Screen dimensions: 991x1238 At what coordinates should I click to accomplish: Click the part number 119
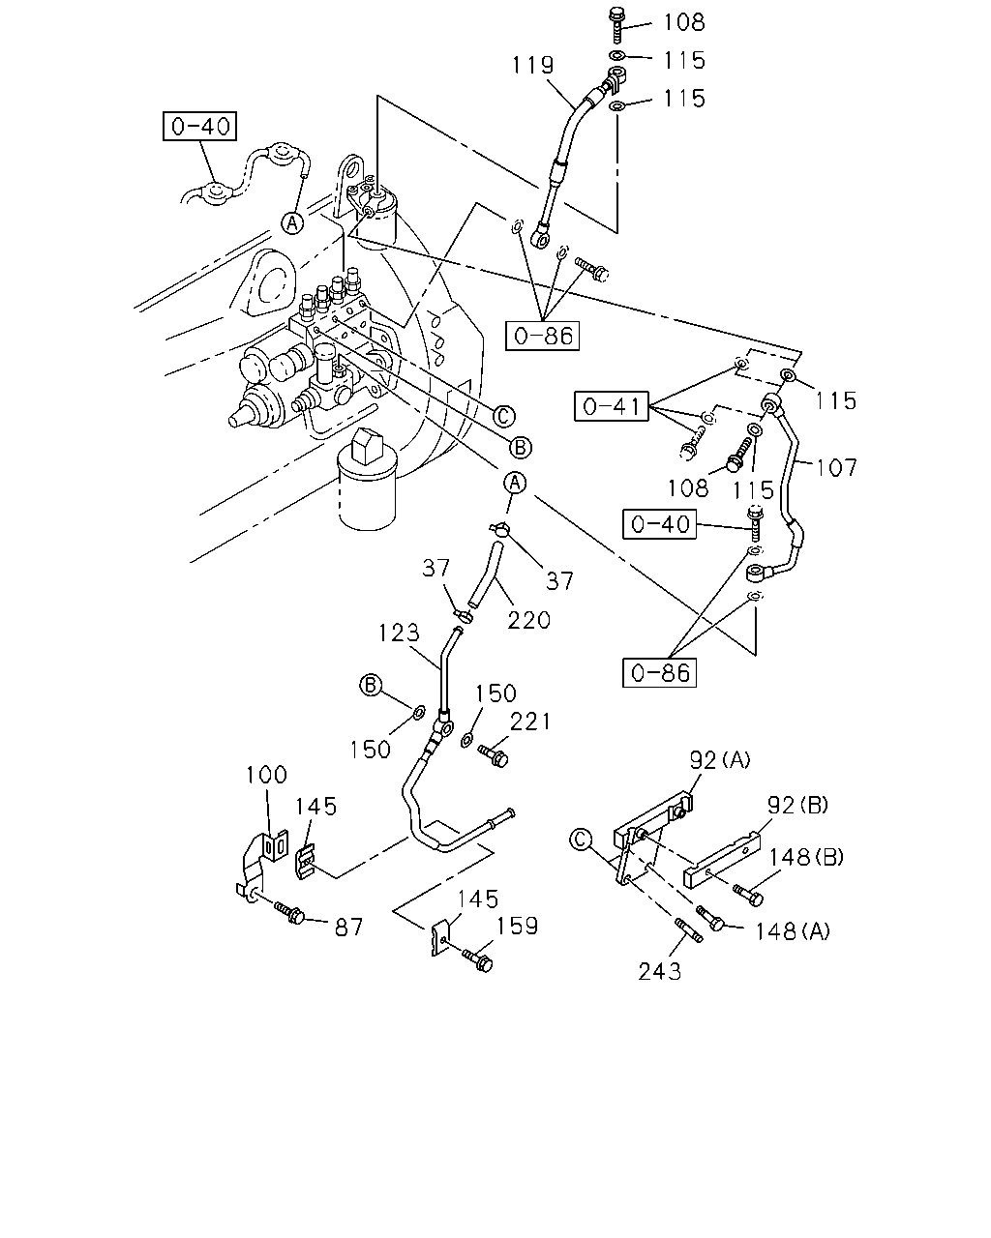(x=532, y=65)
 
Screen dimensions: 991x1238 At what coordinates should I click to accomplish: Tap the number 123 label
(x=399, y=633)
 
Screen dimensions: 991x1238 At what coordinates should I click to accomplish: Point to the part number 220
(x=528, y=620)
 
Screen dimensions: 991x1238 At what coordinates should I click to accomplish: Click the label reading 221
(x=530, y=722)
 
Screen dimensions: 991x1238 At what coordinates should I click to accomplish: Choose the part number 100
(x=266, y=775)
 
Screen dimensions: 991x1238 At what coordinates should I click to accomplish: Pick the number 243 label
(x=660, y=972)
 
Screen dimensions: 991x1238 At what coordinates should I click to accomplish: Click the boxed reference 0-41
(x=611, y=406)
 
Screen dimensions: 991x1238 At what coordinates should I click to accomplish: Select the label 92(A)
(x=720, y=760)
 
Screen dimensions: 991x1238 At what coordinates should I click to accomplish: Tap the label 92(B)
(x=797, y=805)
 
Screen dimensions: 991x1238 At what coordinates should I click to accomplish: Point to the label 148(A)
(x=793, y=930)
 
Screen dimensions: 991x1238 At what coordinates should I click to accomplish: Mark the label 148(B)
(x=806, y=857)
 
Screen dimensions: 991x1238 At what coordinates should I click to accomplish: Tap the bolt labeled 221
(x=494, y=756)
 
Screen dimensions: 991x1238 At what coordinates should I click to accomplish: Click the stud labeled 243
(x=688, y=930)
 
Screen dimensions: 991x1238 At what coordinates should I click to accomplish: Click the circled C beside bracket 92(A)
(x=580, y=840)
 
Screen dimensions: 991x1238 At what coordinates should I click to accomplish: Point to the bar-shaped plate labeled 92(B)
(x=722, y=860)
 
